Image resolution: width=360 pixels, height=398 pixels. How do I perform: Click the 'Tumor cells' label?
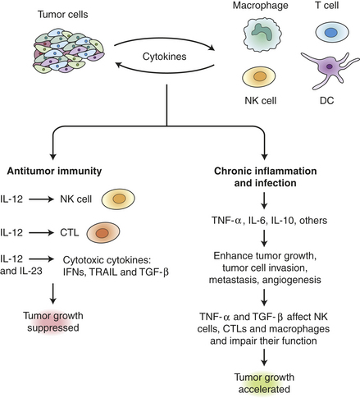click(63, 14)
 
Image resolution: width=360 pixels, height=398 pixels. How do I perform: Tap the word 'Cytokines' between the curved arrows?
click(165, 57)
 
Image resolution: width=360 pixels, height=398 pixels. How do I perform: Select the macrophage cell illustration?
click(262, 34)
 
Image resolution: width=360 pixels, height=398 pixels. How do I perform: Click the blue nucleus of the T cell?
click(331, 33)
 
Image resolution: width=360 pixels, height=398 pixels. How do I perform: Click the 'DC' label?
click(327, 100)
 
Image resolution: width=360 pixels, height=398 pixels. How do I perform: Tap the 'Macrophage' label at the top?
click(261, 6)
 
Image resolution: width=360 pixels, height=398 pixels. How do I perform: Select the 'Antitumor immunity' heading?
click(54, 171)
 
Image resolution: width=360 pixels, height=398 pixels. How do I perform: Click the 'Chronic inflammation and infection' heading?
click(265, 176)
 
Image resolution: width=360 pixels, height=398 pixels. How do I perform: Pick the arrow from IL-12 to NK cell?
click(42, 199)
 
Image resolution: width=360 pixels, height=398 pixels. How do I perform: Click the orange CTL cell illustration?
click(103, 233)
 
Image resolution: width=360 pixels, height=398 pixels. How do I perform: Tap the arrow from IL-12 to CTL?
click(42, 233)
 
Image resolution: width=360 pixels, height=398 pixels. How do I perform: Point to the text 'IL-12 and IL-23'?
click(21, 265)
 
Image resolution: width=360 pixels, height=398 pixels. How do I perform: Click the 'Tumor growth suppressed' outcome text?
click(53, 322)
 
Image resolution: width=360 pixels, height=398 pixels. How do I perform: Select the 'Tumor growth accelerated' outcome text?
click(264, 383)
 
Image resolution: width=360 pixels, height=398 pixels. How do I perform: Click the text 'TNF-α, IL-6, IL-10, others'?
click(269, 220)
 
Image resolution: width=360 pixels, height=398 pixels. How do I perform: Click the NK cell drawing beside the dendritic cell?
click(259, 77)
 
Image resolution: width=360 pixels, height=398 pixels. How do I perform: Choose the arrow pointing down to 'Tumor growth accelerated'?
click(264, 358)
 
